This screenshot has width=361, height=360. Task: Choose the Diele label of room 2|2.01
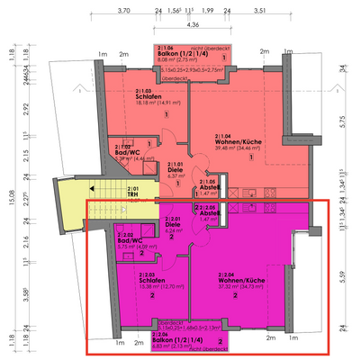pos(172,223)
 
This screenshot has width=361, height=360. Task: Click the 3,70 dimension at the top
pos(124,11)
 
